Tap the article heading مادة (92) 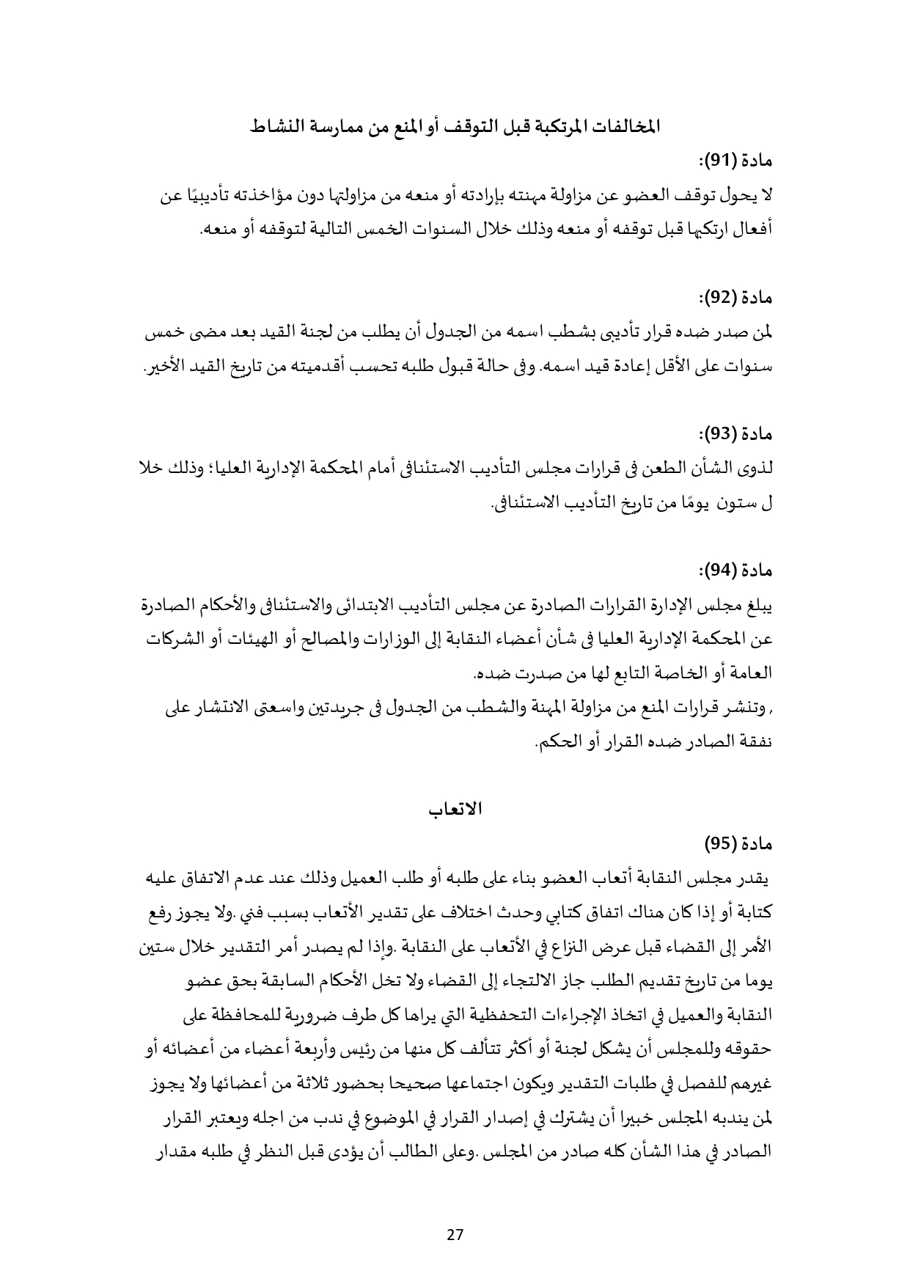pos(736,298)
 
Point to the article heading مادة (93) pos(736,434)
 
